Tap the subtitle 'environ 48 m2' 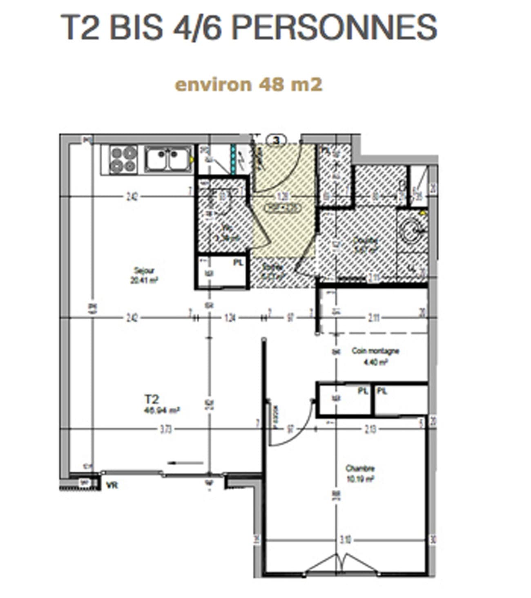pos(248,85)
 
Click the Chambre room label pos(359,473)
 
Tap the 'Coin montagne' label pos(375,355)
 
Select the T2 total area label pos(162,405)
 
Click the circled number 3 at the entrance pos(277,140)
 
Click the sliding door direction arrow pos(186,463)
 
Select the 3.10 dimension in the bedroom pos(346,540)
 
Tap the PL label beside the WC pos(238,263)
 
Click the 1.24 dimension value pos(230,318)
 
